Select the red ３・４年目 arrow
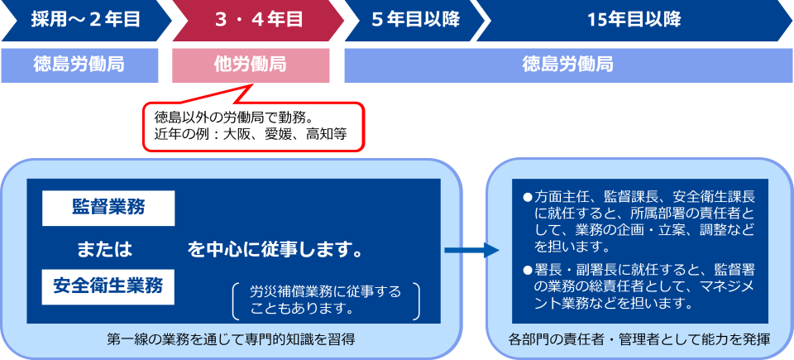click(x=257, y=21)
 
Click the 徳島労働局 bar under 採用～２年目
click(x=79, y=65)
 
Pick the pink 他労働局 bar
click(x=251, y=65)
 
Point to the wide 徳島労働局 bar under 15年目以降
click(x=567, y=65)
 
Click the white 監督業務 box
click(x=108, y=208)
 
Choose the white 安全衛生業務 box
click(x=108, y=286)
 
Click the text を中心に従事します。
click(x=275, y=248)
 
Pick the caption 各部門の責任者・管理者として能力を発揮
click(x=640, y=338)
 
